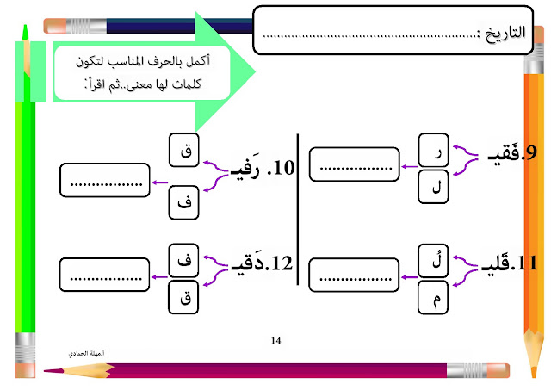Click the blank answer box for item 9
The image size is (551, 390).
[354, 164]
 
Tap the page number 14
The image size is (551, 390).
[275, 342]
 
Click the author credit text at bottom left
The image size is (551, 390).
[88, 354]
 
